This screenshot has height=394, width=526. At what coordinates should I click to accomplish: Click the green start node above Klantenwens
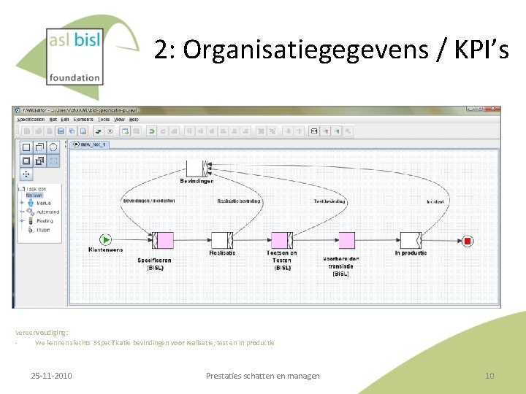point(106,239)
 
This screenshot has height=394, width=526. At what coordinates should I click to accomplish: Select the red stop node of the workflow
point(468,241)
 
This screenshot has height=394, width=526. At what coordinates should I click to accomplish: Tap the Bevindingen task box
point(197,168)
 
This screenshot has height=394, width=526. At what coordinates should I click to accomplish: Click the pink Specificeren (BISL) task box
point(162,240)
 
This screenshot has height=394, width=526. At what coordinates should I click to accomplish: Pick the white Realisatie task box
point(221,240)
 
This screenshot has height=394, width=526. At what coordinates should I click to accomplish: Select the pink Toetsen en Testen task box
point(282,240)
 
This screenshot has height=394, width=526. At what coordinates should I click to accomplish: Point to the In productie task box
point(411,240)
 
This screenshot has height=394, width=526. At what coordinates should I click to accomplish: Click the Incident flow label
point(435,201)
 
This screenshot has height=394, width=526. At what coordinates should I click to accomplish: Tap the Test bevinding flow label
point(329,201)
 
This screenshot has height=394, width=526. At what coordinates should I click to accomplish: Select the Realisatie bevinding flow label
point(239,201)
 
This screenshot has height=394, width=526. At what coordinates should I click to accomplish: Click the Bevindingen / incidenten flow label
point(149,201)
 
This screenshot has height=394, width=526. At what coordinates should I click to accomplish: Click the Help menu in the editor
point(133,119)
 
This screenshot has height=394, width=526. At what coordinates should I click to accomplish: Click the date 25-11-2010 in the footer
point(51,376)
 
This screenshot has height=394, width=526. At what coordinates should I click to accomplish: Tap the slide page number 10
point(489,376)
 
